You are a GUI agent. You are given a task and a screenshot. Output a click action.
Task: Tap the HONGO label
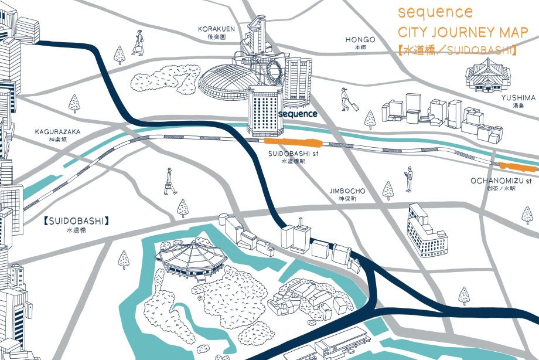[356, 40]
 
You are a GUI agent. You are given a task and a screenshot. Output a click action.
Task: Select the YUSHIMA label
[518, 98]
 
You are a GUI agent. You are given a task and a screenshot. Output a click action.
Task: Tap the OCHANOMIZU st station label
[500, 181]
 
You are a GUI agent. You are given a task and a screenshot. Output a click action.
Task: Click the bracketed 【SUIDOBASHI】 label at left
[77, 221]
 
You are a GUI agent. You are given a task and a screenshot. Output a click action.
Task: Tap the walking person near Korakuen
[138, 43]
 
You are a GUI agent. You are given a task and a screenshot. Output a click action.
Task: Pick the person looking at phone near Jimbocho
[408, 179]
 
